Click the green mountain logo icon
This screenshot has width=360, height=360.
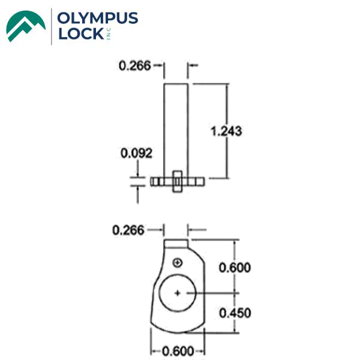click(25, 26)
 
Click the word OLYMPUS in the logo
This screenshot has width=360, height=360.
click(98, 19)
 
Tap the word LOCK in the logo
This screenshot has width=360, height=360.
click(80, 34)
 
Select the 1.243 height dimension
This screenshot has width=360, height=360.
click(227, 130)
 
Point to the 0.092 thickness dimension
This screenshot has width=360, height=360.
click(137, 154)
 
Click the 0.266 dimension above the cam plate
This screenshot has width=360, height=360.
click(128, 230)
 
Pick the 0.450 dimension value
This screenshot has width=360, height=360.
click(235, 313)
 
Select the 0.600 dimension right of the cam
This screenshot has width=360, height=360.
click(235, 268)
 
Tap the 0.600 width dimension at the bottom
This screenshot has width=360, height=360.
click(178, 351)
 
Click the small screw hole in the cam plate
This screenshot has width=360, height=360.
click(177, 263)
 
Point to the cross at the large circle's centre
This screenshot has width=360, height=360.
click(178, 292)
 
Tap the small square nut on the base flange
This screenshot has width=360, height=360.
click(176, 180)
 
